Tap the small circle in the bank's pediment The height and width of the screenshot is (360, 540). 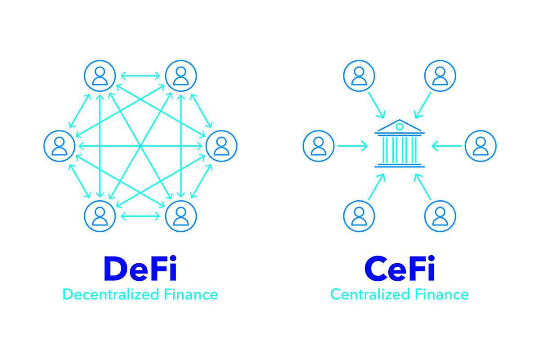click(399, 127)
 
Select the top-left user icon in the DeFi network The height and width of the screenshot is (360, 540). click(99, 76)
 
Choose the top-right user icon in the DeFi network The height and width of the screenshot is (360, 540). click(181, 76)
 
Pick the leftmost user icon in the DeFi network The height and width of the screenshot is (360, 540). click(59, 146)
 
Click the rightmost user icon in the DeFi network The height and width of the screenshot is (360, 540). click(221, 146)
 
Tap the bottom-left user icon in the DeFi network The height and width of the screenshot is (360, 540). click(99, 216)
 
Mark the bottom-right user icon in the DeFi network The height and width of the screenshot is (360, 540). click(181, 216)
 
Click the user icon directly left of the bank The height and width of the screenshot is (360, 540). click(319, 146)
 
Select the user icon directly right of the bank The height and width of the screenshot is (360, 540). click(480, 146)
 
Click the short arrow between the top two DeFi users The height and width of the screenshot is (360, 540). click(140, 76)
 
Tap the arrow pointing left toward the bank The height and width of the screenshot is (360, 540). click(446, 146)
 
